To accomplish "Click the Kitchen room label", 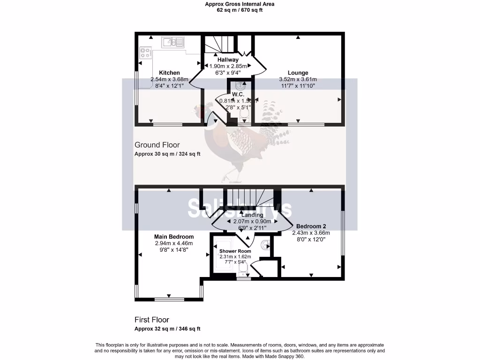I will [x=169, y=73].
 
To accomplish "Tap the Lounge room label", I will [x=298, y=73].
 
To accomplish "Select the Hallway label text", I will [x=228, y=60].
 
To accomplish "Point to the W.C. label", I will [x=238, y=95].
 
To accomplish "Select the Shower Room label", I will [x=235, y=251].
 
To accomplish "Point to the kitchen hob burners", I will [x=145, y=54].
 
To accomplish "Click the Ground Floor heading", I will [x=157, y=145].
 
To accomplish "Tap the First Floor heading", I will [x=151, y=320].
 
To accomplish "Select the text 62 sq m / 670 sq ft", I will [x=240, y=10].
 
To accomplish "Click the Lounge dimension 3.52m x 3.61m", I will [x=298, y=80].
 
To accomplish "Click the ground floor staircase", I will [x=219, y=46].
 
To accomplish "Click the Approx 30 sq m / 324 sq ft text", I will [x=167, y=154].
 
